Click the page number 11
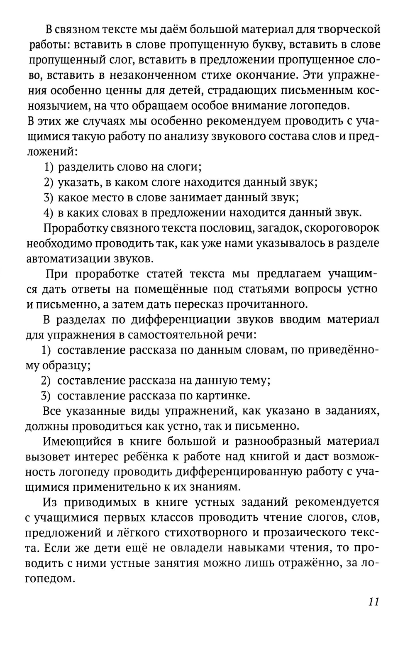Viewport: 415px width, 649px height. click(x=373, y=602)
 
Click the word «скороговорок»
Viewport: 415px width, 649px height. click(x=336, y=228)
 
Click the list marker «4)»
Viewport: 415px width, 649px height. click(x=49, y=213)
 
